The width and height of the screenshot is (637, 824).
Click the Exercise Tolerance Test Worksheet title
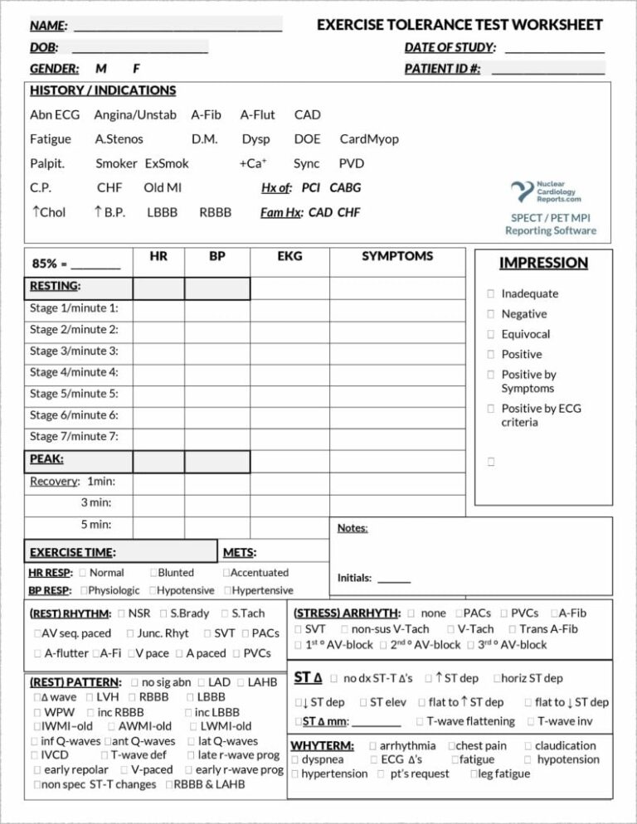point(460,25)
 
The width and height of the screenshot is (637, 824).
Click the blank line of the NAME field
point(177,27)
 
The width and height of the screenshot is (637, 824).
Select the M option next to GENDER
point(100,69)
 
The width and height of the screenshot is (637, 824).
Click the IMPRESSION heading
point(543,263)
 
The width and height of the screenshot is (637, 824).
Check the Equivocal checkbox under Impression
point(491,335)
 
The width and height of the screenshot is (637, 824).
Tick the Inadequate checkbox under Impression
point(491,293)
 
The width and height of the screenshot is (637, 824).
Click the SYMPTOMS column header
point(396,256)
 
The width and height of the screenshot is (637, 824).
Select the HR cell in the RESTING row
point(160,288)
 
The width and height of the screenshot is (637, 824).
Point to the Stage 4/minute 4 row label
point(74,372)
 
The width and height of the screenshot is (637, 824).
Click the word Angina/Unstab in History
point(134,114)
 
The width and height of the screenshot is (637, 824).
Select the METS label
point(241,552)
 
